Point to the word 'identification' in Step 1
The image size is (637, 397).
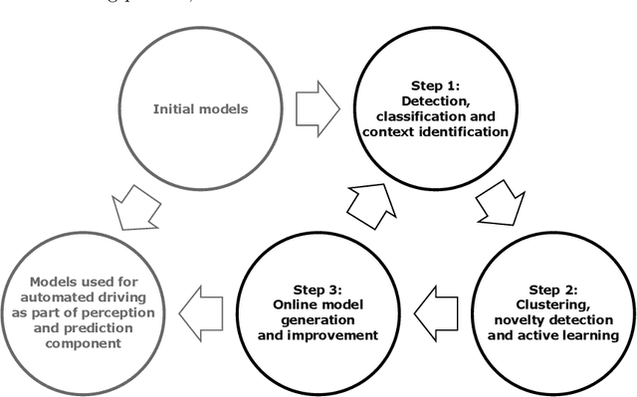pos(476,132)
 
